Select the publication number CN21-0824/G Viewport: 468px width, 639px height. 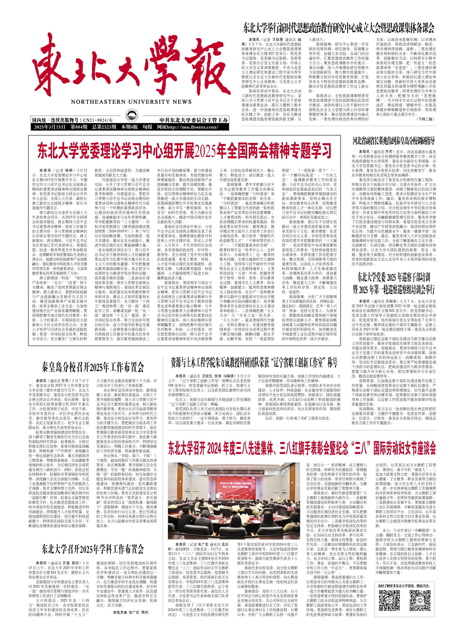pyautogui.click(x=98, y=120)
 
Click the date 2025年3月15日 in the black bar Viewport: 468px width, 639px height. pyautogui.click(x=50, y=127)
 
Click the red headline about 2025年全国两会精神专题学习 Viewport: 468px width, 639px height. pyautogui.click(x=184, y=151)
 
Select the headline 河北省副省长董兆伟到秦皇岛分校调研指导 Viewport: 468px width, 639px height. pyautogui.click(x=394, y=141)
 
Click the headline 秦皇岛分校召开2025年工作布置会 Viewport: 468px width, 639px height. pyautogui.click(x=93, y=367)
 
